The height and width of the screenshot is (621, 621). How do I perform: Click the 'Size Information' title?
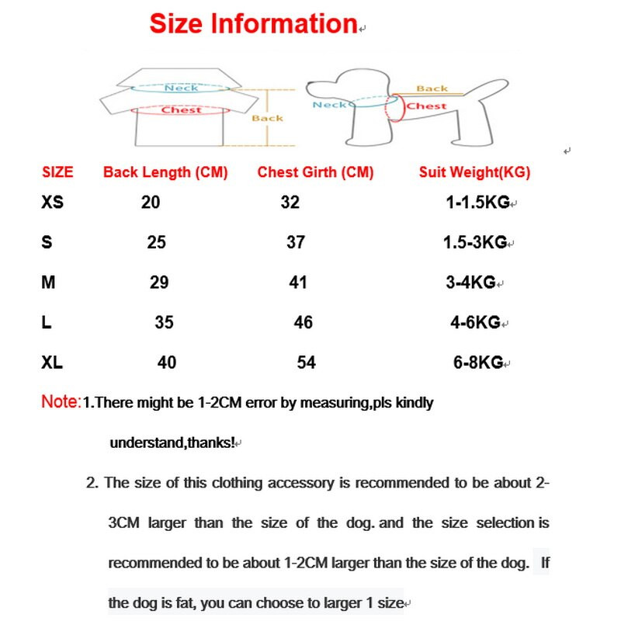click(x=252, y=24)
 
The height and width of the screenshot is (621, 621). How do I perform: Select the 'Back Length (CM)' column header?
click(x=165, y=172)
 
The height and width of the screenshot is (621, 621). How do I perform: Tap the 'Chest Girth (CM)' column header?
click(x=315, y=172)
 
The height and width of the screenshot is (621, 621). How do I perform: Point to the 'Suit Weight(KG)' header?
click(x=474, y=172)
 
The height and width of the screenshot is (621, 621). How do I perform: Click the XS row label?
click(x=54, y=203)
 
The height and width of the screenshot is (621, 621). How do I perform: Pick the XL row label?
click(x=53, y=362)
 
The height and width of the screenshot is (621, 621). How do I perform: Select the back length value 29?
click(x=159, y=283)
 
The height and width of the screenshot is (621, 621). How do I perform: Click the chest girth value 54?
click(x=307, y=363)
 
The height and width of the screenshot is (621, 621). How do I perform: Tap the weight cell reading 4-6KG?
click(x=476, y=322)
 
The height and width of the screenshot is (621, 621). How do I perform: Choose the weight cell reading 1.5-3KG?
click(x=474, y=243)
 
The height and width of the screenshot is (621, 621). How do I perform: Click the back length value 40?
click(x=167, y=363)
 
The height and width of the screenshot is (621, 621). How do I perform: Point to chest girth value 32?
click(x=290, y=203)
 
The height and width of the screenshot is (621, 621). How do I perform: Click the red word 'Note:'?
click(x=61, y=403)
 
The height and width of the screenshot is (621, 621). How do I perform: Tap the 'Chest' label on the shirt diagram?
click(x=181, y=110)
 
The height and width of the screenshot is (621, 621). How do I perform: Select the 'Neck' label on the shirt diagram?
click(x=181, y=88)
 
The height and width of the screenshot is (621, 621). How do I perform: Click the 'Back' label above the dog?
click(x=432, y=89)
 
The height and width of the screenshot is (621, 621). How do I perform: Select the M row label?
click(x=48, y=283)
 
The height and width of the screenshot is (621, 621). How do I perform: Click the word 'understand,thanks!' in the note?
click(x=172, y=443)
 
